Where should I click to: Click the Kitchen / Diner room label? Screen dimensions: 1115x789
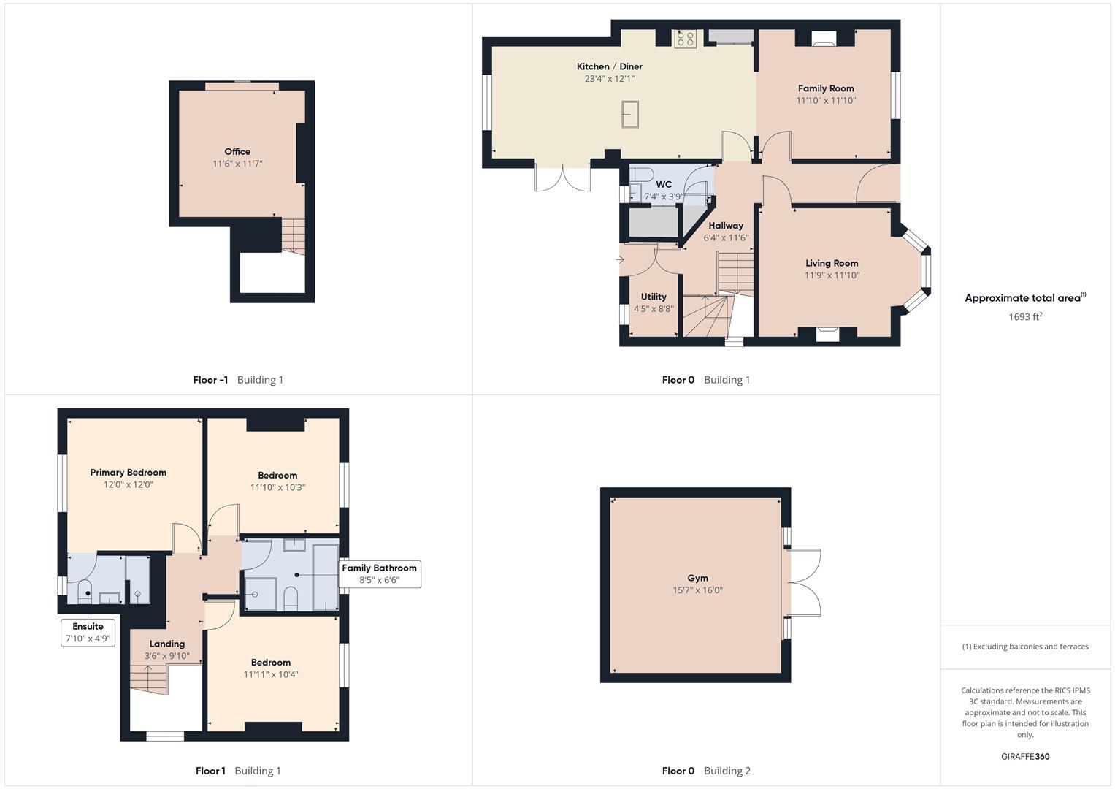(609, 66)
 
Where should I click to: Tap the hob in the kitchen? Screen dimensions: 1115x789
(686, 39)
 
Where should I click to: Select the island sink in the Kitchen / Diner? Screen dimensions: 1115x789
(630, 114)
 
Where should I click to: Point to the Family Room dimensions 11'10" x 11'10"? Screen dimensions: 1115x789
(826, 100)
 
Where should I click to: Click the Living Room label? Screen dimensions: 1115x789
(832, 263)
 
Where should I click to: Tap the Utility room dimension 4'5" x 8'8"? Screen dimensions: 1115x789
(654, 308)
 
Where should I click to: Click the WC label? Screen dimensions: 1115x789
(664, 184)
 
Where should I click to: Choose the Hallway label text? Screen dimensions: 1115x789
(726, 226)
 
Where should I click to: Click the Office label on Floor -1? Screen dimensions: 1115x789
(237, 151)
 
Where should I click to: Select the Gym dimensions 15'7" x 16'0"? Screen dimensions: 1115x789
(697, 590)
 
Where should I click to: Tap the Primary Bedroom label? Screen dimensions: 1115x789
(128, 472)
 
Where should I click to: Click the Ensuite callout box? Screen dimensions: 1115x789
(88, 632)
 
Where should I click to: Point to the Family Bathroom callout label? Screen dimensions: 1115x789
(379, 573)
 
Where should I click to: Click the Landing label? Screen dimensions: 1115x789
(167, 644)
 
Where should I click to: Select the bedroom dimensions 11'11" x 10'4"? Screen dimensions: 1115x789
(271, 674)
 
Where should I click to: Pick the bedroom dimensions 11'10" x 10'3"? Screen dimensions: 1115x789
(277, 487)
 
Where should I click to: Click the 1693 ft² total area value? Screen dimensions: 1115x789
(1025, 316)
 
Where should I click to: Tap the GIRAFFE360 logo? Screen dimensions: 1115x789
(1025, 756)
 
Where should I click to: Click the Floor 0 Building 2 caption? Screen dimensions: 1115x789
(706, 771)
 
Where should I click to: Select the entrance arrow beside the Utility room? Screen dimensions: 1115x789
(620, 259)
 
